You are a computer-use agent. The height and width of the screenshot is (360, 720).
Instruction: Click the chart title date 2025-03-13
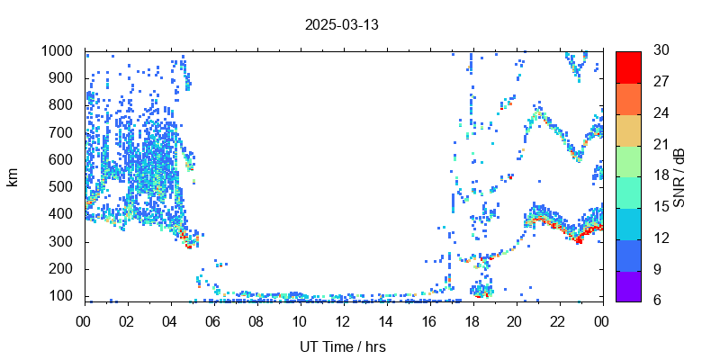point(341,24)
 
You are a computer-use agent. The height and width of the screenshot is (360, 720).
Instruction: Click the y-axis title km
point(13,177)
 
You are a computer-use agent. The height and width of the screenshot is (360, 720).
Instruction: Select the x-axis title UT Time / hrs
point(343,346)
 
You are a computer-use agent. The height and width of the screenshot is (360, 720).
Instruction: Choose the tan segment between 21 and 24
point(628,129)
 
